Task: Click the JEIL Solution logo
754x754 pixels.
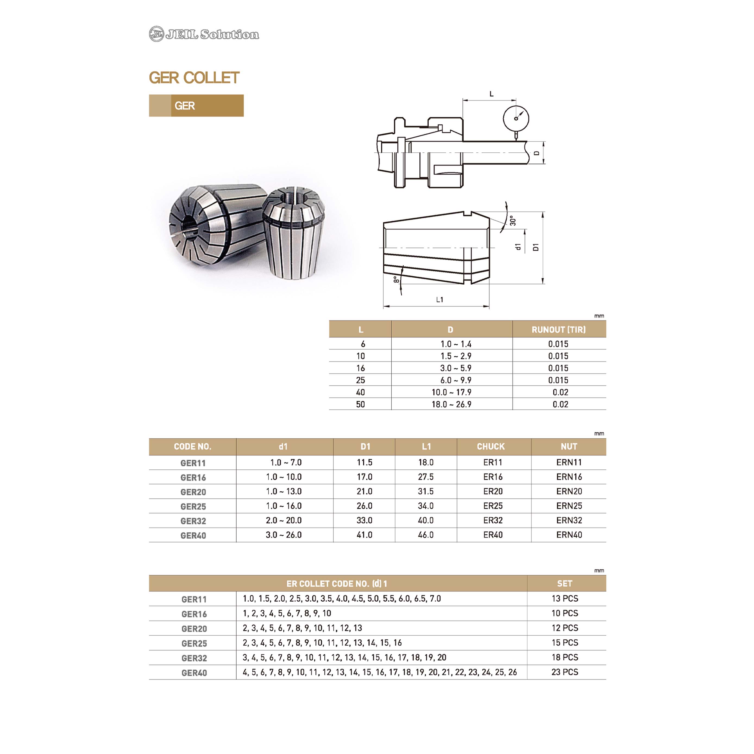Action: (x=204, y=34)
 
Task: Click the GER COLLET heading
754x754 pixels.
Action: (x=194, y=78)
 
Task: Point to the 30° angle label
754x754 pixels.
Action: (x=513, y=221)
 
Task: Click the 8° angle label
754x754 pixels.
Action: (x=396, y=279)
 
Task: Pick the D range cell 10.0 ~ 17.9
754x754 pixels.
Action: (x=451, y=392)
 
